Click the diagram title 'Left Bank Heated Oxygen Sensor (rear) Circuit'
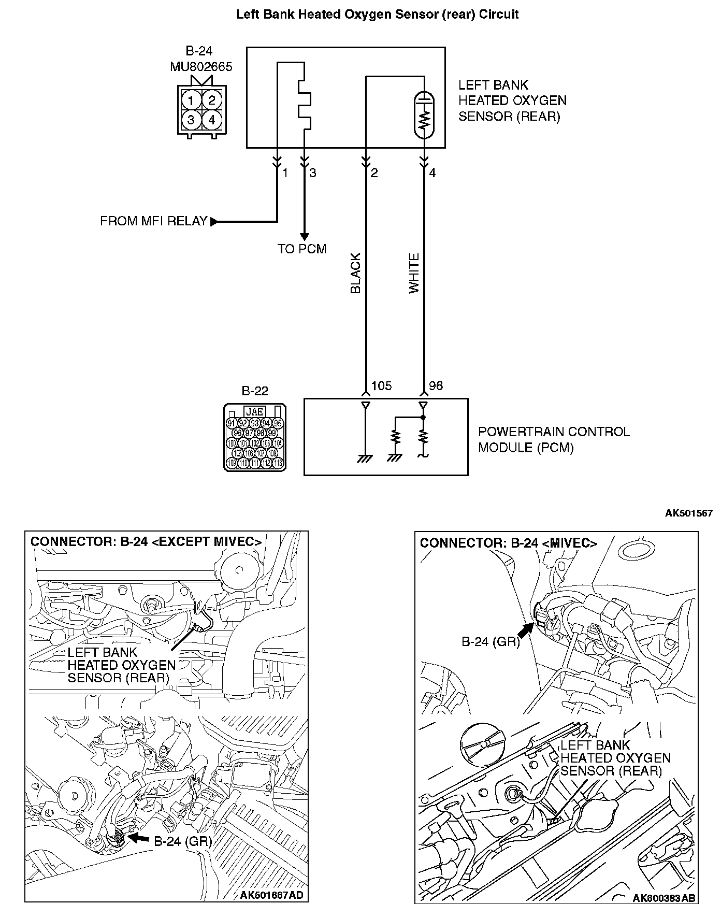[377, 15]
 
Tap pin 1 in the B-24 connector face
[191, 100]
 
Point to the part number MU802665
[201, 67]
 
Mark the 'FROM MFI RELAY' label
[153, 222]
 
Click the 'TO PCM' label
[302, 249]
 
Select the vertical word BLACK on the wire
[355, 274]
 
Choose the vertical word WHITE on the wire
[414, 274]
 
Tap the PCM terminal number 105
[381, 386]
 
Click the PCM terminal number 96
[436, 386]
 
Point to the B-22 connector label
[255, 391]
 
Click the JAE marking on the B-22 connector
[255, 412]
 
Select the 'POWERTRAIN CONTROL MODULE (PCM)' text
[553, 439]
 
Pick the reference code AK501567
[688, 513]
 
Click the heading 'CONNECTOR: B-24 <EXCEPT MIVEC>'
[146, 542]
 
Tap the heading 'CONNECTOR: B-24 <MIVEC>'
[508, 543]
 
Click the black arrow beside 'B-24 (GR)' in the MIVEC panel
[525, 630]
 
